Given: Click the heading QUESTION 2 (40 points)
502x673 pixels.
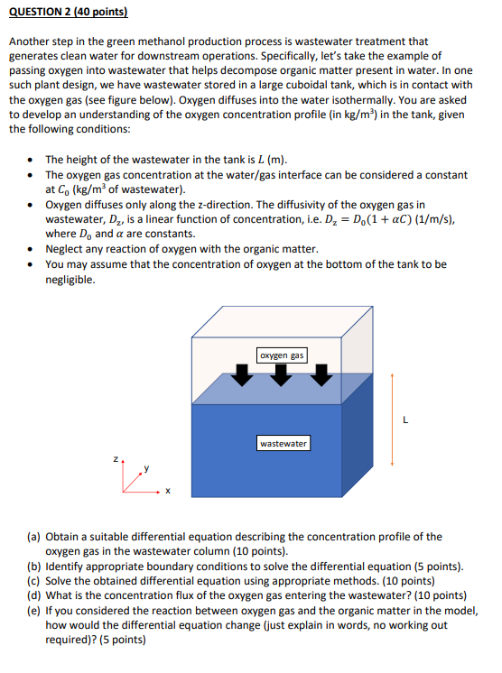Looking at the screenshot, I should pos(69,14).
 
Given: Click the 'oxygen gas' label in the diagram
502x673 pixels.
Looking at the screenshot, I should pos(282,355).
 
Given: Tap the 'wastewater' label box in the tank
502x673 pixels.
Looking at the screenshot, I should pos(284,443).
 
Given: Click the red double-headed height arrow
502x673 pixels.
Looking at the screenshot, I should pos(392,419).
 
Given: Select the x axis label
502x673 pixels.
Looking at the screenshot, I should pos(167,492).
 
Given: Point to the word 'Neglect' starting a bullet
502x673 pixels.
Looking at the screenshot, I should pos(66,249).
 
